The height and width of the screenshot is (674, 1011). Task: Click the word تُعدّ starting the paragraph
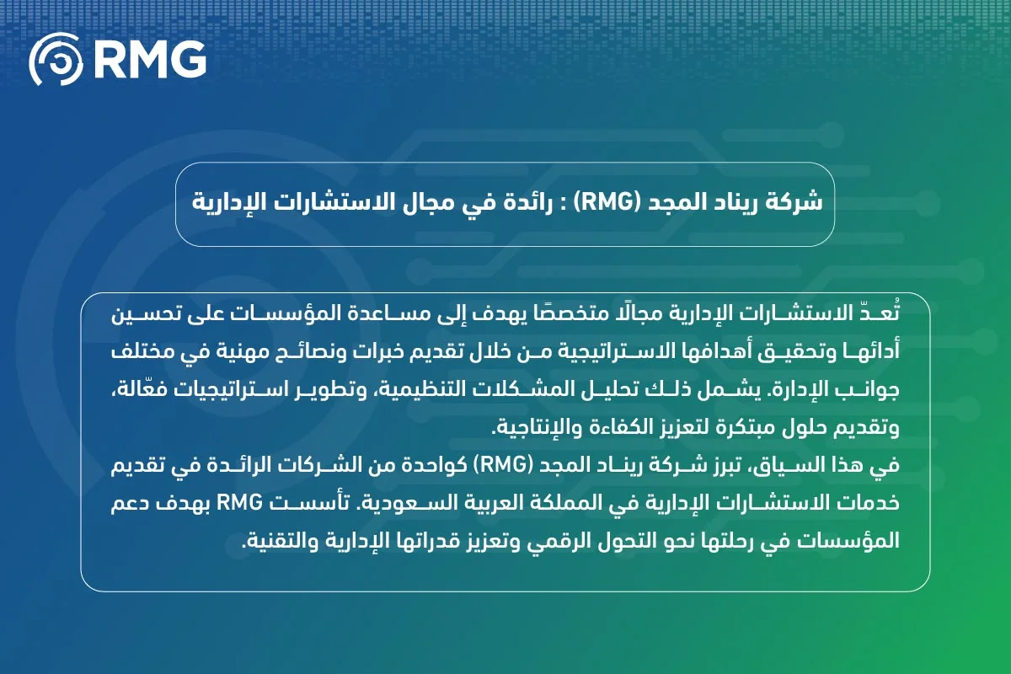879,318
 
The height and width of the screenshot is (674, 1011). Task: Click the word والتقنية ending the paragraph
278,542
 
